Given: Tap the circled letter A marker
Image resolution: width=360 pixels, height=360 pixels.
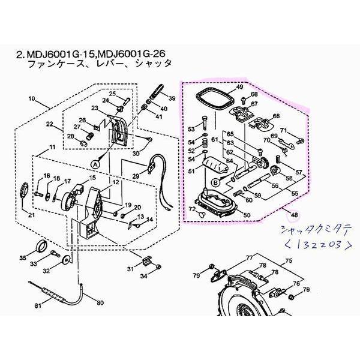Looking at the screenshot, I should coord(95,163).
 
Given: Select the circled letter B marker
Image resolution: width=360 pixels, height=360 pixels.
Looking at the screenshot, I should coord(215,181).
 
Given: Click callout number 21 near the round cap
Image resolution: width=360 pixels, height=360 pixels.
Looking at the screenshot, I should coord(31,215).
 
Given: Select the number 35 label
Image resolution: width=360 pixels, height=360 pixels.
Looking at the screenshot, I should coord(23,259).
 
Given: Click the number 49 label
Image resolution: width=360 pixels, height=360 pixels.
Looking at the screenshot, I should coord(239,88).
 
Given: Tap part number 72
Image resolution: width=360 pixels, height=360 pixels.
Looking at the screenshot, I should coord(193,208).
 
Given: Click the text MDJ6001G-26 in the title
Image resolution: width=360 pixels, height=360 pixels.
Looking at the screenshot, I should coord(139,53).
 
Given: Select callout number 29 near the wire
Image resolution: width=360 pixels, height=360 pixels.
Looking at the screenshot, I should coord(136,176).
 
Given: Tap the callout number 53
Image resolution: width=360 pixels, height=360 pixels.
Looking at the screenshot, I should coord(192,129).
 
